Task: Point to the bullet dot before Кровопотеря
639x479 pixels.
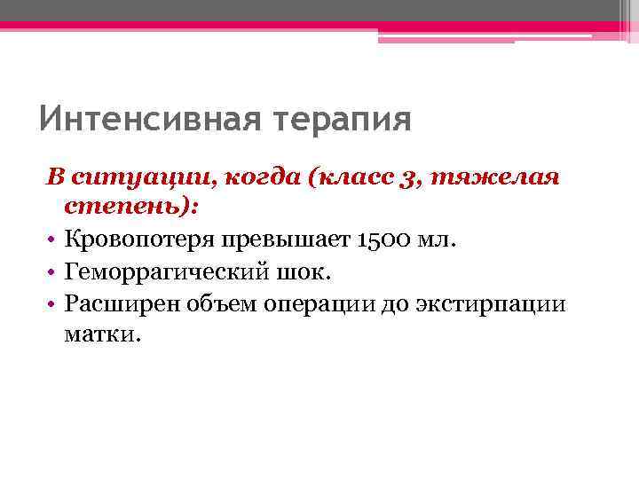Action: tap(53, 240)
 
